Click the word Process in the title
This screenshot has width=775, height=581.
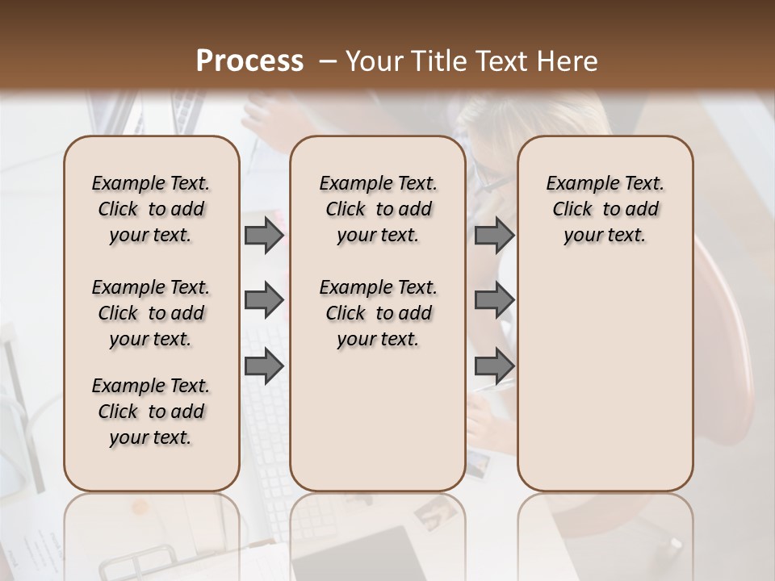point(249,61)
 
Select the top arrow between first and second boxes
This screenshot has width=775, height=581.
point(264,235)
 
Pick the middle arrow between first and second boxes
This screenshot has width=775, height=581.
point(264,301)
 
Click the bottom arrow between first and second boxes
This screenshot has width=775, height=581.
point(264,366)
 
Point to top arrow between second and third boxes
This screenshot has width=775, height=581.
point(494,235)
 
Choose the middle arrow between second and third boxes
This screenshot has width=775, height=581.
point(494,301)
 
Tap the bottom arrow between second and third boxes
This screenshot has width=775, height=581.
point(494,366)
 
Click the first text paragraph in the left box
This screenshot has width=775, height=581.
point(151,209)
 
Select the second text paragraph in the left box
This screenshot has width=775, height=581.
point(151,313)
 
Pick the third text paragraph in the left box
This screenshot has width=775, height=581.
point(151,412)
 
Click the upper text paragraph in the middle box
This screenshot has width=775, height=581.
point(378,209)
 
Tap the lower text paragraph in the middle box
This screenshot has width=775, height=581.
point(378,313)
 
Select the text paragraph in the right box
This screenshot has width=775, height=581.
point(605,209)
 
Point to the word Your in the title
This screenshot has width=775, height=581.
point(372,61)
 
